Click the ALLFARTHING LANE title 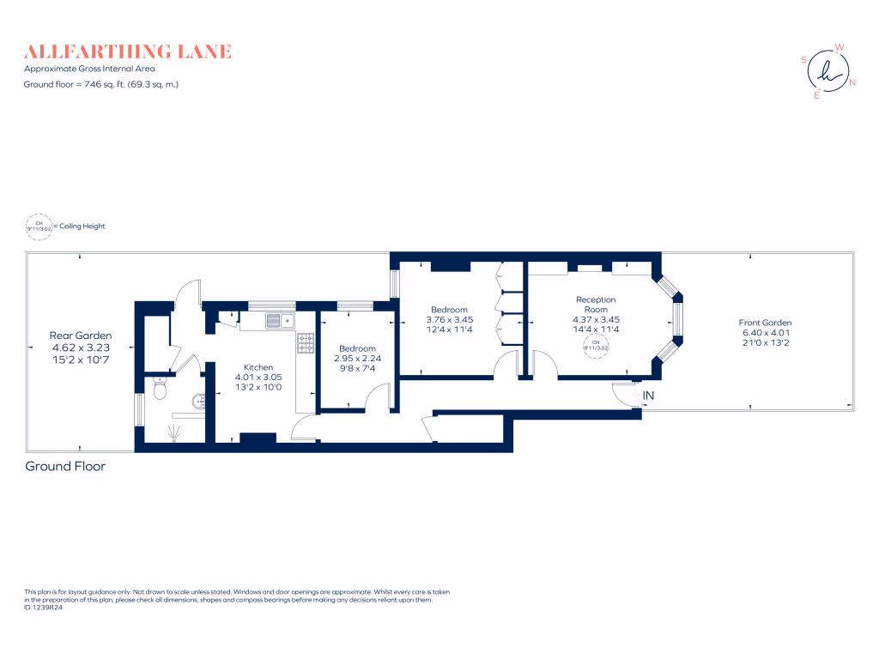click(x=128, y=51)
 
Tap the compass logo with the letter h click(x=827, y=71)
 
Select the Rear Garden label click(x=80, y=336)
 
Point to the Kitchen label click(x=258, y=367)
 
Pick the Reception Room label click(x=596, y=305)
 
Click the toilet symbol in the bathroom click(x=158, y=390)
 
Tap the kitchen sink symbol click(x=280, y=321)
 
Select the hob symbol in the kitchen click(x=306, y=343)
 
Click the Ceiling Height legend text click(x=82, y=227)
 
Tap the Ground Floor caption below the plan click(x=65, y=467)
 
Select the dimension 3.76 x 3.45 click(x=449, y=319)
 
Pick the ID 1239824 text click(x=44, y=607)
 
